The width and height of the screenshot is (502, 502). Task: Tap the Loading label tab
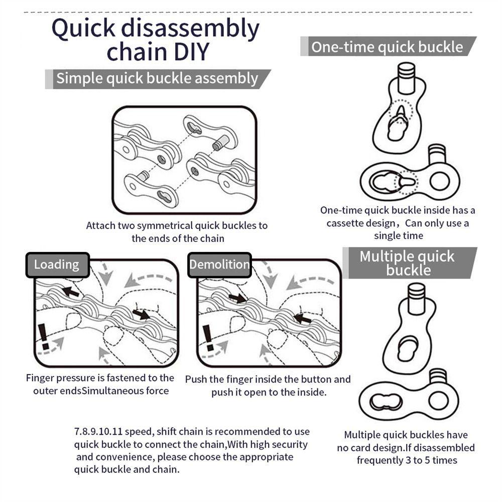coord(57,265)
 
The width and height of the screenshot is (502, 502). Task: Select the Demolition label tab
coord(219,265)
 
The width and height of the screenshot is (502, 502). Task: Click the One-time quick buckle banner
coord(387,47)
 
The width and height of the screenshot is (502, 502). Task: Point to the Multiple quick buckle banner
coord(407,263)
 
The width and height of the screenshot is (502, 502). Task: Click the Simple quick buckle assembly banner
coord(157,79)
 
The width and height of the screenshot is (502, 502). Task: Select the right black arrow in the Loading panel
coord(142,314)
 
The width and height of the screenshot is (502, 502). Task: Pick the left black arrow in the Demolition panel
coord(237,298)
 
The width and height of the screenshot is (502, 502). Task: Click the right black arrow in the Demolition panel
coord(302,318)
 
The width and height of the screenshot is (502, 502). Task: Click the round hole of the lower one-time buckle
coord(439,181)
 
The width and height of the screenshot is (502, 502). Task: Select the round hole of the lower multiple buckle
coord(438,400)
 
